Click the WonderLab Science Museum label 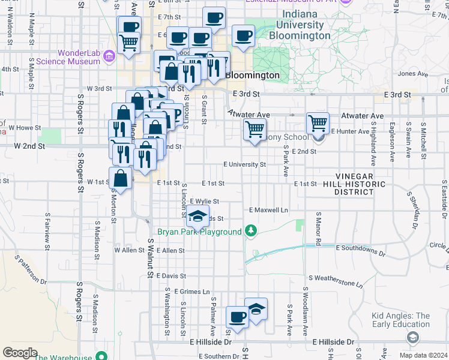point(67,57)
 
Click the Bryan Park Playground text point(199,232)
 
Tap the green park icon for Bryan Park point(252,232)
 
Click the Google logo point(20,352)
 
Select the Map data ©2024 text point(423,355)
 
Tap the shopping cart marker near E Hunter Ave point(318,124)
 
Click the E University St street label point(244,164)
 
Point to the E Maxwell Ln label point(268,210)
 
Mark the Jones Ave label point(412,74)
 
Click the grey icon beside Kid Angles point(412,338)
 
